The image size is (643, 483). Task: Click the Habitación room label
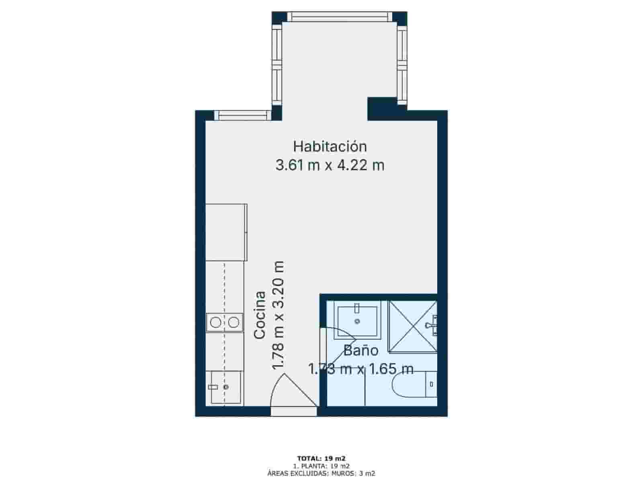[x=330, y=147]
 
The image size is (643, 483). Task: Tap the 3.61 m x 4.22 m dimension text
[x=330, y=165]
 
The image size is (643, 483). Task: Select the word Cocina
[x=260, y=315]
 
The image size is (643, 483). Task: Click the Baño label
[x=360, y=351]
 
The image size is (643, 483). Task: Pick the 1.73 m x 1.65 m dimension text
[x=360, y=369]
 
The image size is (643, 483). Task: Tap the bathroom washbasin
[x=357, y=320]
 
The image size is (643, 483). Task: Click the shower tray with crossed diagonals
[x=412, y=326]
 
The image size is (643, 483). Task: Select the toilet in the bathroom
[x=414, y=385]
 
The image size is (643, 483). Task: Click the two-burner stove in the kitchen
[x=225, y=322]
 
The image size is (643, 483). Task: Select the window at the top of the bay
[x=340, y=17]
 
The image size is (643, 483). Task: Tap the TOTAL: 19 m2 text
[x=321, y=458]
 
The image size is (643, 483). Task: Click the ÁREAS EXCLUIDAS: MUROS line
[x=321, y=473]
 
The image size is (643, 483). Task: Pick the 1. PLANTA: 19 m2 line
[x=321, y=466]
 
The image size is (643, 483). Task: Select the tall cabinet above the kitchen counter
[x=226, y=232]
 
